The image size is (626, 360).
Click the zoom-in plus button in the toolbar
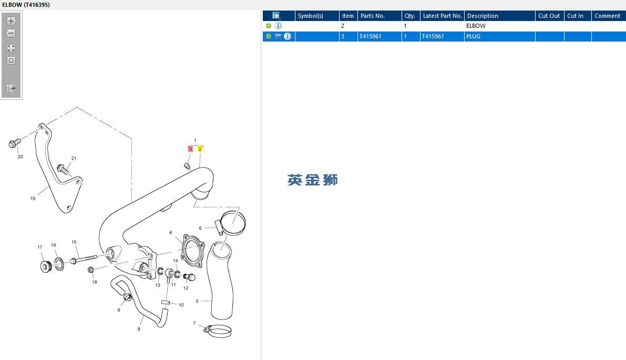click(11, 20)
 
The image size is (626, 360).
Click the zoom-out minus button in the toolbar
click(11, 33)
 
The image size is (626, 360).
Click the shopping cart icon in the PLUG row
click(278, 36)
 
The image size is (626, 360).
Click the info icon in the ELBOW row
click(278, 26)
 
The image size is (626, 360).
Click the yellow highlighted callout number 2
click(200, 149)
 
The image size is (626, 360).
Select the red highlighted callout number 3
click(190, 149)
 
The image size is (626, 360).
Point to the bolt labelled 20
click(15, 142)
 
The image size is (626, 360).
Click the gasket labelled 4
click(193, 250)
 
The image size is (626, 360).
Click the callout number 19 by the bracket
click(33, 198)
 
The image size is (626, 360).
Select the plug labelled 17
click(46, 266)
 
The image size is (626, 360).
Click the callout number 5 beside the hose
click(197, 301)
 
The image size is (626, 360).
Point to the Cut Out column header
click(549, 16)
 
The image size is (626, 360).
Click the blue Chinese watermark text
click(313, 180)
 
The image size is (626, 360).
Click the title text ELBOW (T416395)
click(26, 5)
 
